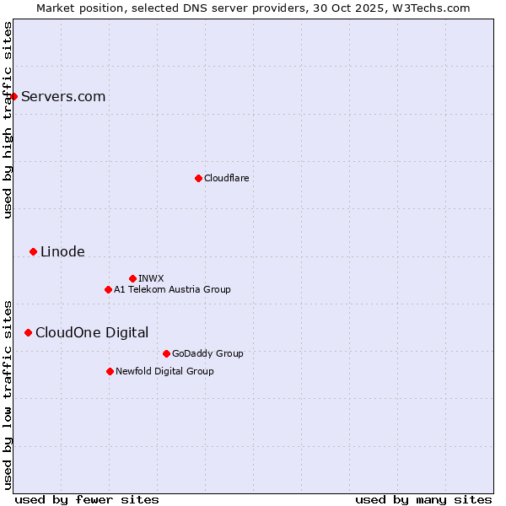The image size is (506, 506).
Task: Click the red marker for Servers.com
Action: coord(14,96)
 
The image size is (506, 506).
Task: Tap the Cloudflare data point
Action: coord(198,178)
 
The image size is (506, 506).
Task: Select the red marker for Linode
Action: coord(33,251)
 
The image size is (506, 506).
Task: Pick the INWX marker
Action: coord(132,278)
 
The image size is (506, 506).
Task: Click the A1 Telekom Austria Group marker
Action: coord(108,289)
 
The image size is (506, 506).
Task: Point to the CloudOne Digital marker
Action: coord(28,332)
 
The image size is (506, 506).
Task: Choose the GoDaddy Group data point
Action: coord(166,353)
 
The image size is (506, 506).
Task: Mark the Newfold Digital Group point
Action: coord(110,371)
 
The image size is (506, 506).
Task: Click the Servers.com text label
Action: coord(63,96)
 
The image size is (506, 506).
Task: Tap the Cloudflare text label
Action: coord(226,178)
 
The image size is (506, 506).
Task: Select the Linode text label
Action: coord(62,251)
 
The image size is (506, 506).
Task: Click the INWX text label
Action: coord(151,278)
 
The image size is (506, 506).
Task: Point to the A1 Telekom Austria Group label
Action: coord(172,289)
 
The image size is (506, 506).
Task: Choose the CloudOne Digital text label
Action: coord(92,332)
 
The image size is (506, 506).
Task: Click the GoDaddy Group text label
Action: coord(207,353)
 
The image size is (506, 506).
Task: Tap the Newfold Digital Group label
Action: coord(164,371)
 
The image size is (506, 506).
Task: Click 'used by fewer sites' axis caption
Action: coord(87,499)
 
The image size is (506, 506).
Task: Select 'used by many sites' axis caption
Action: coord(423,499)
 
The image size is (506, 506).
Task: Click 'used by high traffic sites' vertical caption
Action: coord(8,120)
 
